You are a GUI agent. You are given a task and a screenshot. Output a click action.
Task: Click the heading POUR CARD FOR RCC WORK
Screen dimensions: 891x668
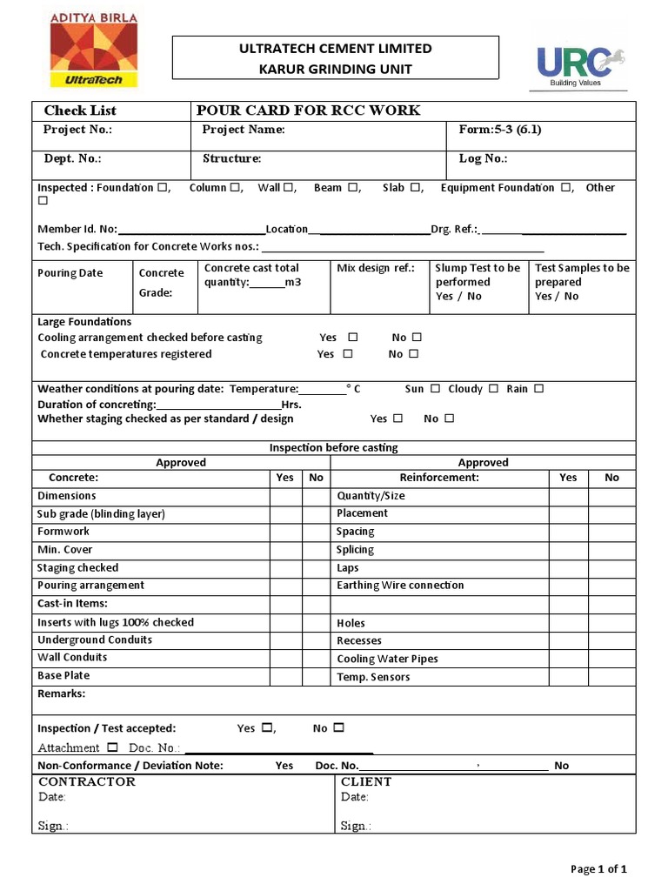(308, 111)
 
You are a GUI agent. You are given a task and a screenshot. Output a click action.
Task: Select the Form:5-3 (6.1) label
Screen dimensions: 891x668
(499, 130)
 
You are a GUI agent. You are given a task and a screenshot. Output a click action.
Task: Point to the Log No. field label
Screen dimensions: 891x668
(483, 158)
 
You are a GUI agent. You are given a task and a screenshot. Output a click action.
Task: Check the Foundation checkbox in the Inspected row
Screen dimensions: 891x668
(162, 188)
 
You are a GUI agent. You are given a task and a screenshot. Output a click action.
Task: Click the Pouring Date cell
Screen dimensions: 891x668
(70, 273)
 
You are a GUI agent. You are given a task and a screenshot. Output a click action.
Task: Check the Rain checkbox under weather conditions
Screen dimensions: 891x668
(538, 389)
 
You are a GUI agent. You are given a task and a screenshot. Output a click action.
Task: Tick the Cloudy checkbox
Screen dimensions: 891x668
(493, 389)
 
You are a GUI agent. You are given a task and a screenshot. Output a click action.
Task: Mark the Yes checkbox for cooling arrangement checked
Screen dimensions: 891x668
(352, 338)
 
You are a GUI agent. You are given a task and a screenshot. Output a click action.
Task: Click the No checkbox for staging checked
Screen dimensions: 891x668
(449, 419)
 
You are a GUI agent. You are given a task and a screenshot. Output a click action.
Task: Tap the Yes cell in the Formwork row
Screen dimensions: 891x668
(284, 532)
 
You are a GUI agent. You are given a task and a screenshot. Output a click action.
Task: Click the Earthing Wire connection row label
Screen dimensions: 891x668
(400, 586)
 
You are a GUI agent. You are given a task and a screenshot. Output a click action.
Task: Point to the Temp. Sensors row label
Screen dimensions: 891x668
(373, 677)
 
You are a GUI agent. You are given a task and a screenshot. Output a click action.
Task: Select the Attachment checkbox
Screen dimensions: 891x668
(112, 747)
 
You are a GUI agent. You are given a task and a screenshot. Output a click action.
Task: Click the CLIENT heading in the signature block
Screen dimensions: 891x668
(366, 781)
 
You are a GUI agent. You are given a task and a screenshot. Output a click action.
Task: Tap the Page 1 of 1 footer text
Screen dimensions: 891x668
(598, 868)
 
